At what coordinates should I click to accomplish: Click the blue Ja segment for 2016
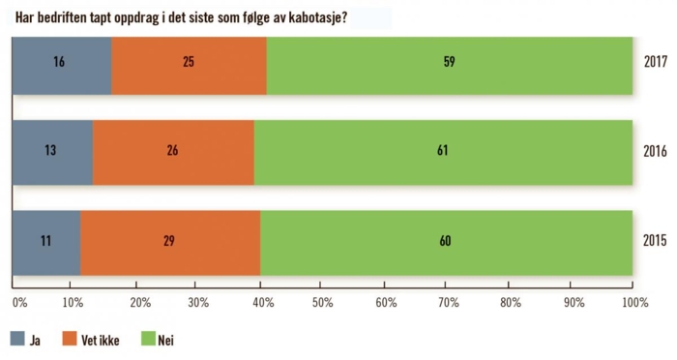pyautogui.click(x=52, y=152)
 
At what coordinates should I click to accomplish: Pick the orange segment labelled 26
pyautogui.click(x=173, y=152)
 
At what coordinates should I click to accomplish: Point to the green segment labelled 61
pyautogui.click(x=443, y=152)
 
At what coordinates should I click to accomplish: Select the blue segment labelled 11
pyautogui.click(x=45, y=240)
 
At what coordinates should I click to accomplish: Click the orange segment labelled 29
pyautogui.click(x=170, y=240)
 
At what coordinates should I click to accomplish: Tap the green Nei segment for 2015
pyautogui.click(x=446, y=240)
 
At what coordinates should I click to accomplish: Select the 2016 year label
pyautogui.click(x=656, y=151)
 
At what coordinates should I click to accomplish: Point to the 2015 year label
pyautogui.click(x=656, y=240)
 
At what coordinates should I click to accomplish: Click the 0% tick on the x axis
pyautogui.click(x=19, y=303)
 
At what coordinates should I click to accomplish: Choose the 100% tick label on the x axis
pyautogui.click(x=633, y=303)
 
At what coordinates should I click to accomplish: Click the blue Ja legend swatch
pyautogui.click(x=17, y=340)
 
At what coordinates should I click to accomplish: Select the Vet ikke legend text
pyautogui.click(x=101, y=341)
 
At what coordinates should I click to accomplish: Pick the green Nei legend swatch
pyautogui.click(x=149, y=340)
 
